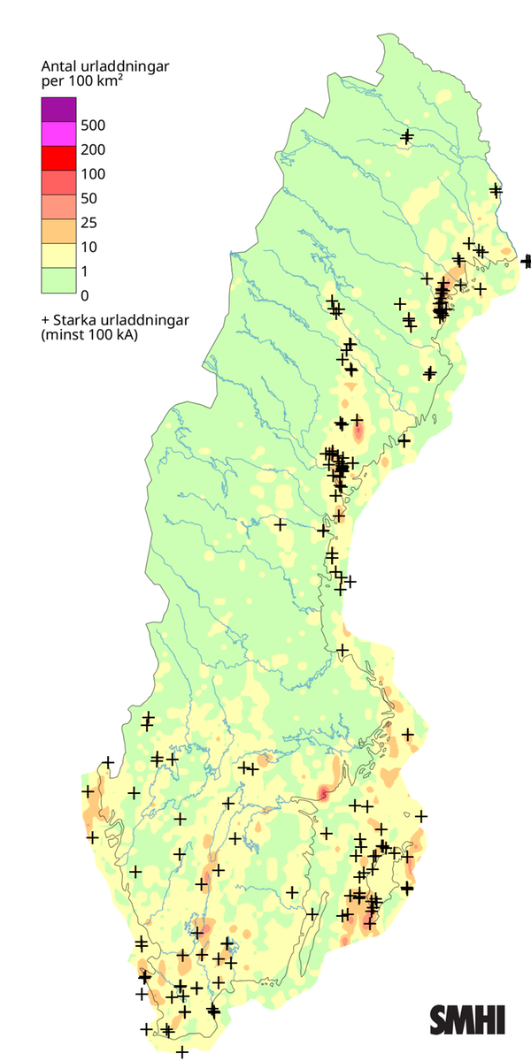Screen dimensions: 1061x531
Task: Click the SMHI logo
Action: pos(467,1019)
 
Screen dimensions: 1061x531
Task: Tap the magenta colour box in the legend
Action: pos(59,134)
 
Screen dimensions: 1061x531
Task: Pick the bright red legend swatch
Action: pos(59,157)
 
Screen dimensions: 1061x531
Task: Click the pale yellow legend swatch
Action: pos(59,255)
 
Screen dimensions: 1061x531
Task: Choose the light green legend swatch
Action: pos(59,279)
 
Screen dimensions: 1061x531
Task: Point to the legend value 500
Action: pos(92,126)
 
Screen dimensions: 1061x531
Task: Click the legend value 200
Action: pos(92,149)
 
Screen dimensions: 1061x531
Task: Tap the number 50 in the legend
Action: pos(88,198)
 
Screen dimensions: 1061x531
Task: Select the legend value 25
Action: pos(88,222)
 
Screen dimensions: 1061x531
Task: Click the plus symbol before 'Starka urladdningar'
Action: pos(45,320)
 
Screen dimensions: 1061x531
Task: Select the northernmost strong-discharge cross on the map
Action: pos(407,136)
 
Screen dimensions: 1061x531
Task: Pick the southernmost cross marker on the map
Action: pos(182,1051)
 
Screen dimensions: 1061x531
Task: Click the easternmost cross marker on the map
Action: pos(527,261)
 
